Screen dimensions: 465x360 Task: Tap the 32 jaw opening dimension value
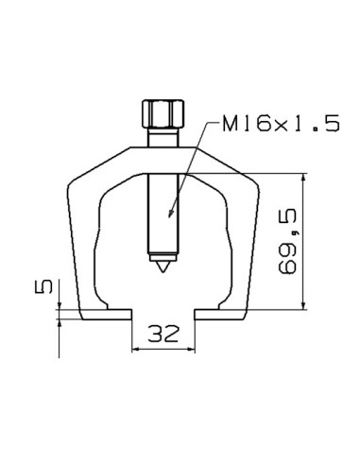[164, 332]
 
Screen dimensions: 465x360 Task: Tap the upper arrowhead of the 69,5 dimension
[302, 178]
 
